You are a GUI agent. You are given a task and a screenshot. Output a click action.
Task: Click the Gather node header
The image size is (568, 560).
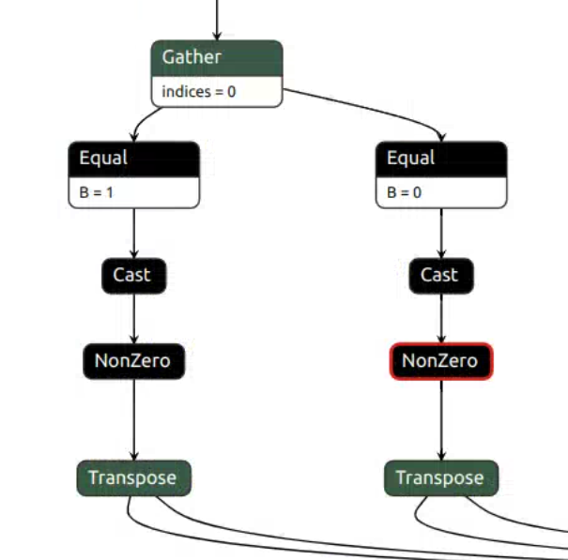pyautogui.click(x=216, y=58)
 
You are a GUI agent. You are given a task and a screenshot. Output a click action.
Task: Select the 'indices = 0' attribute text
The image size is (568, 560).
pyautogui.click(x=199, y=92)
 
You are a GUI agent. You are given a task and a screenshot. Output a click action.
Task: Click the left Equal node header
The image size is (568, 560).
pyautogui.click(x=133, y=159)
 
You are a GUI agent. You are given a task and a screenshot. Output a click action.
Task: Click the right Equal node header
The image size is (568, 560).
pyautogui.click(x=440, y=159)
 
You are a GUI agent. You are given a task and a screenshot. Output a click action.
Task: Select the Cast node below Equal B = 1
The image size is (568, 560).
pyautogui.click(x=133, y=275)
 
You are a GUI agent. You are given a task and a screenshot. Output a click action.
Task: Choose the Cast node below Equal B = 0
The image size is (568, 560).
pyautogui.click(x=440, y=275)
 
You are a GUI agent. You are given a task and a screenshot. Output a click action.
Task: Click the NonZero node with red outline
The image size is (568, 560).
pyautogui.click(x=440, y=361)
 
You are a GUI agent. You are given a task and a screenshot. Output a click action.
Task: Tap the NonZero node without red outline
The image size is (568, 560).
pyautogui.click(x=133, y=361)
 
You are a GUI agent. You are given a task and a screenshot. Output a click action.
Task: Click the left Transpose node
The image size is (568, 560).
pyautogui.click(x=132, y=478)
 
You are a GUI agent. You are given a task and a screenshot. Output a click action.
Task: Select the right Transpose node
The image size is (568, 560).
pyautogui.click(x=440, y=478)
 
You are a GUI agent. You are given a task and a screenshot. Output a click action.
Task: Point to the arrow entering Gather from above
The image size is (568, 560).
pyautogui.click(x=217, y=19)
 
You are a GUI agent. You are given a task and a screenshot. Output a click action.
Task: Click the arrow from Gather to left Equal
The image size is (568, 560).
pyautogui.click(x=146, y=120)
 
